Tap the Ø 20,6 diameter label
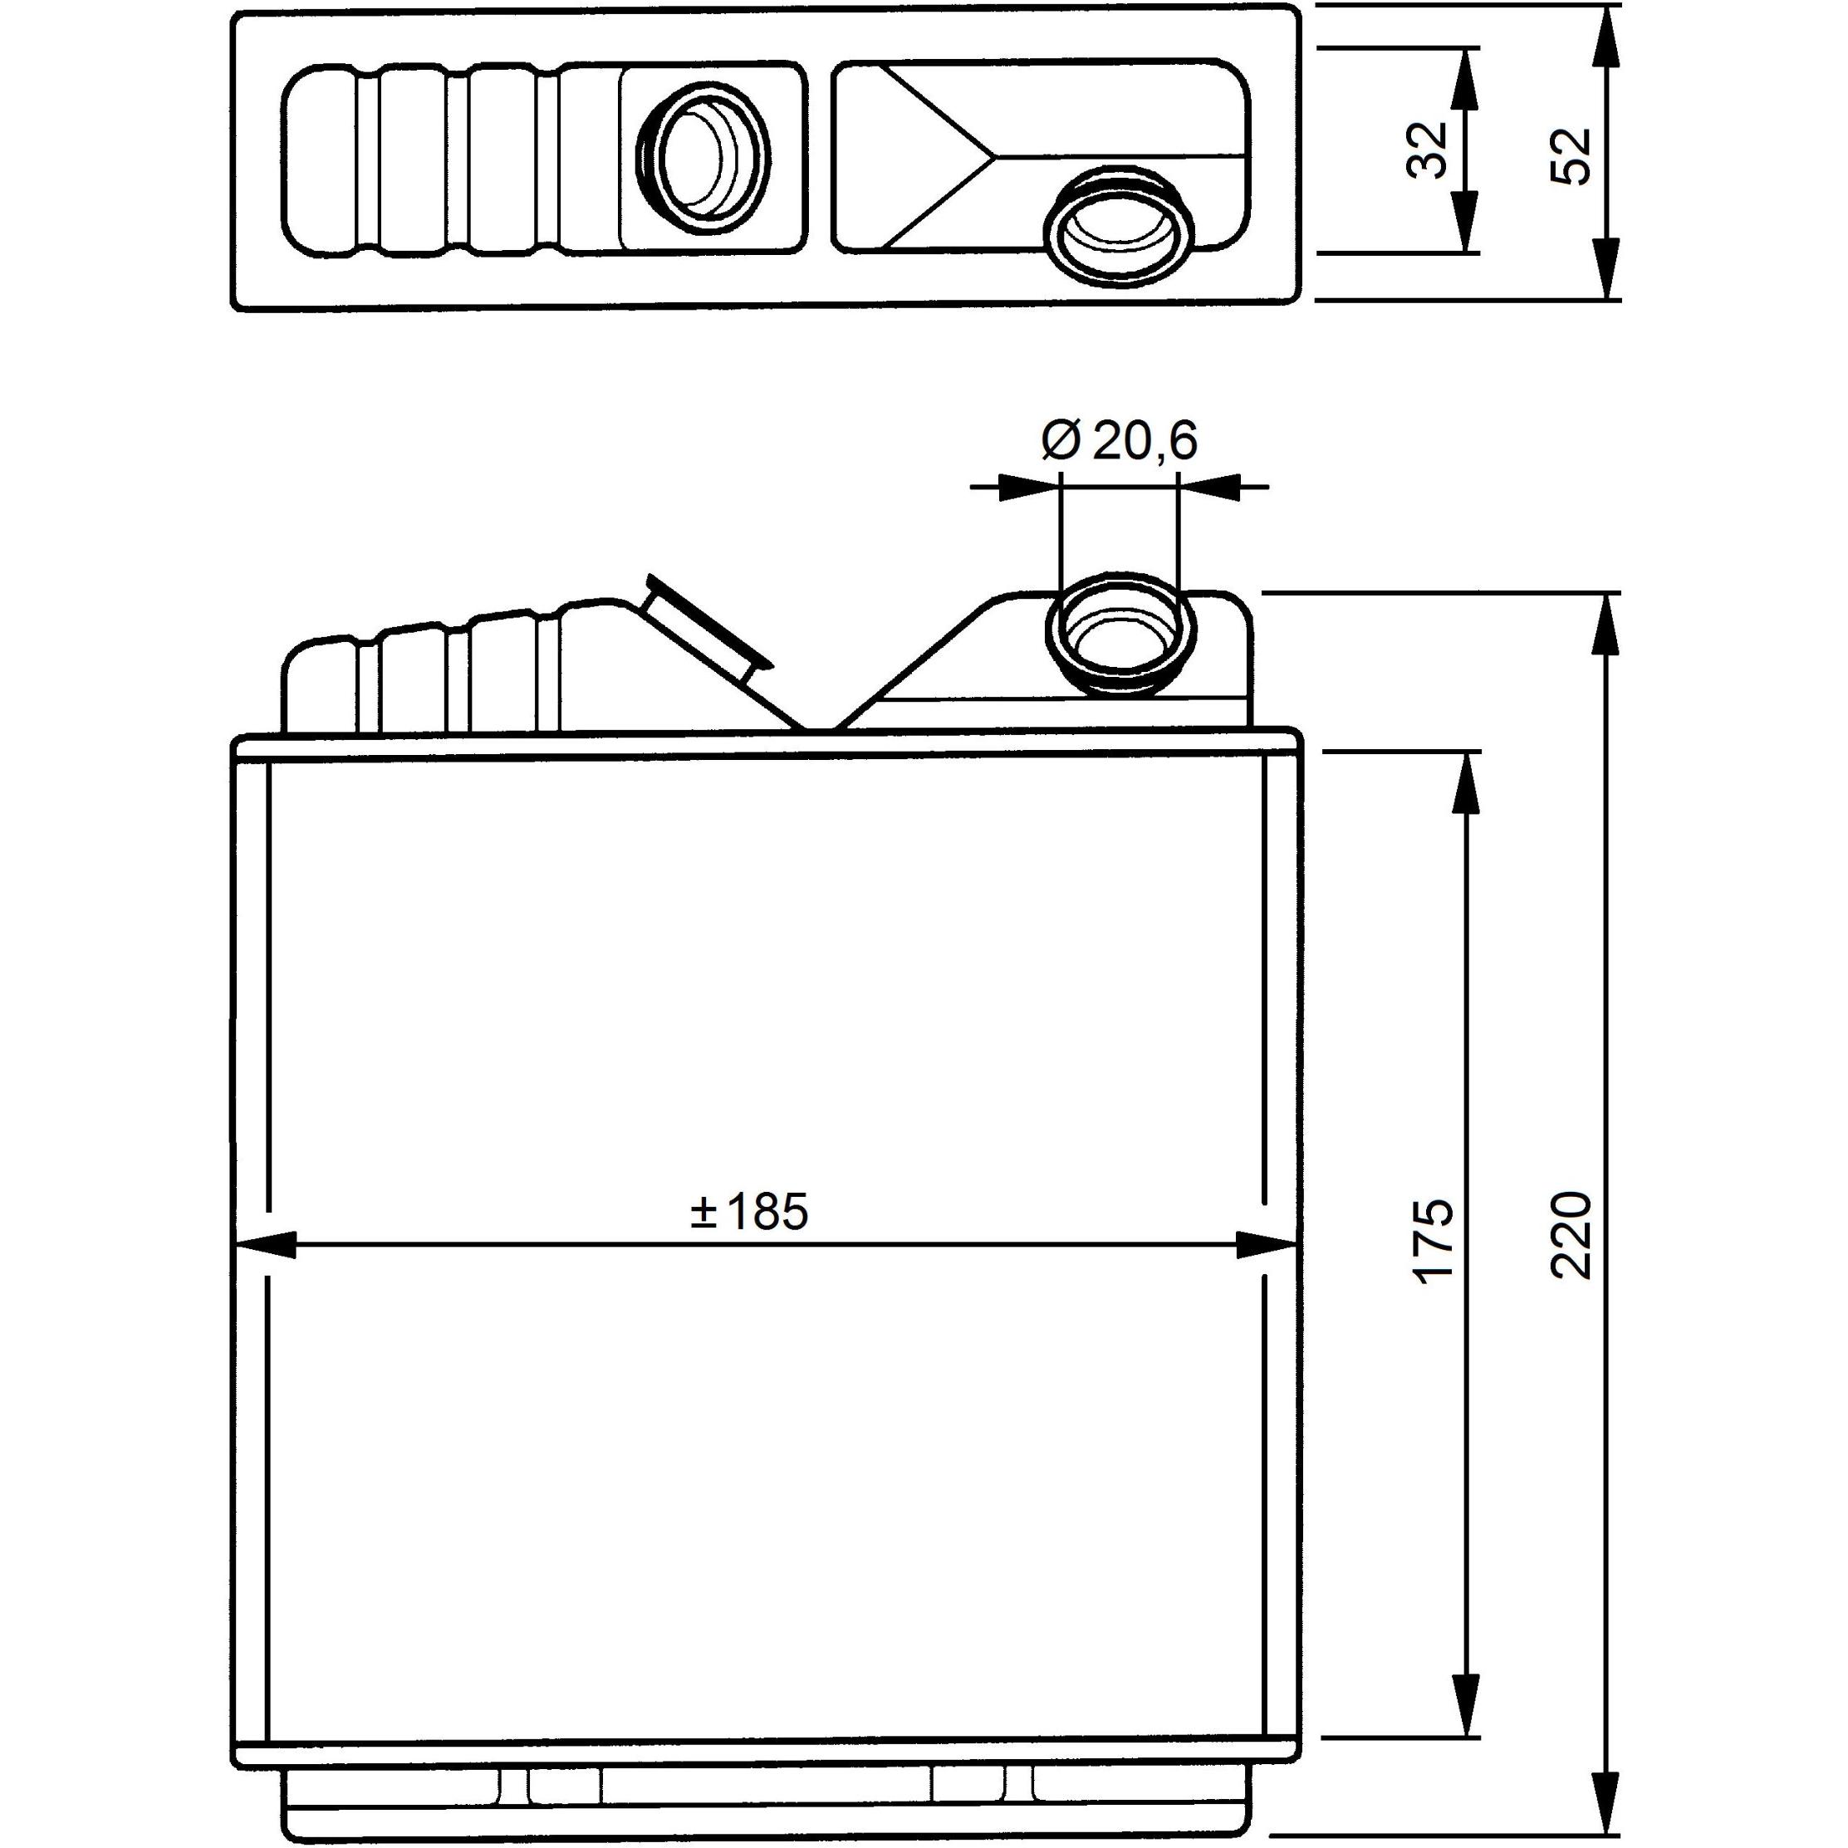(x=1119, y=441)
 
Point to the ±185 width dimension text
(x=749, y=1211)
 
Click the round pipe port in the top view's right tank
(x=1119, y=227)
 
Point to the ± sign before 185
(x=703, y=1213)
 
